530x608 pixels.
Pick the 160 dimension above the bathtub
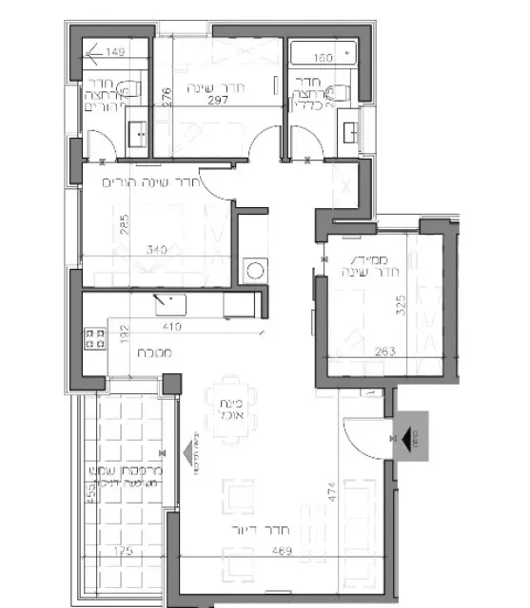tap(323, 59)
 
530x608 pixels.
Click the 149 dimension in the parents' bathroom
tap(116, 52)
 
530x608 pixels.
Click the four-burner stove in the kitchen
tap(94, 339)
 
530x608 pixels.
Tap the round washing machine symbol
tap(254, 271)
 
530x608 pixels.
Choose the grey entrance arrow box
tap(415, 438)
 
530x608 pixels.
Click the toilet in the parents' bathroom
tap(135, 90)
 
